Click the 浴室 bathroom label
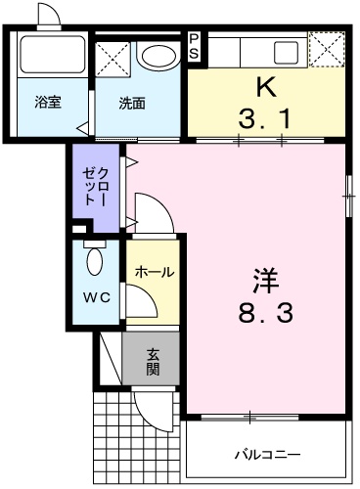click(x=48, y=101)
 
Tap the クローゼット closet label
click(x=96, y=185)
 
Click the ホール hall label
click(x=155, y=271)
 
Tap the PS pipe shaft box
click(x=195, y=46)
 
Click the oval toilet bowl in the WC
click(x=94, y=261)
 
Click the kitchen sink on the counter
click(x=286, y=51)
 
